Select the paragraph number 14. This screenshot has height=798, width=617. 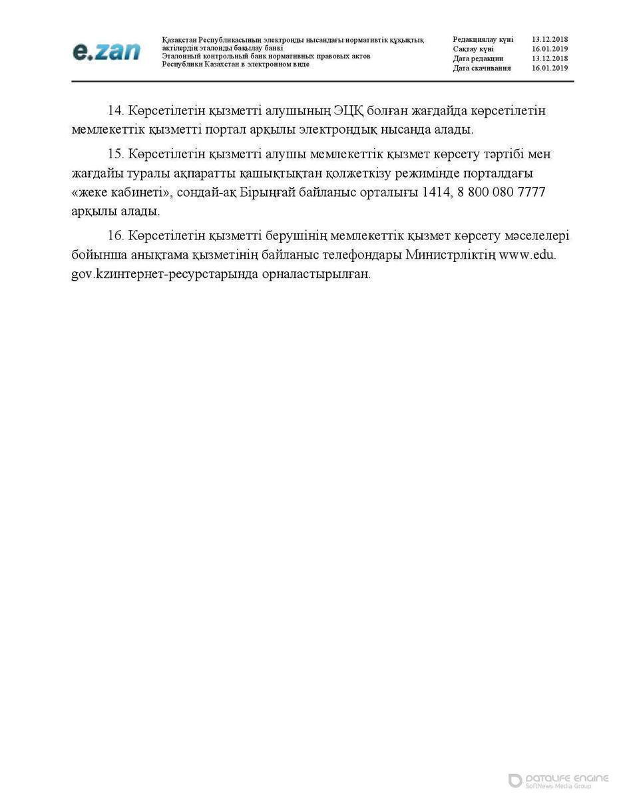[116, 111]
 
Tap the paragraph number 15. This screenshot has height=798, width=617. [116, 155]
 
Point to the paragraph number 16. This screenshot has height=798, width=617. [116, 237]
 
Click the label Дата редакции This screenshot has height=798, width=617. [478, 59]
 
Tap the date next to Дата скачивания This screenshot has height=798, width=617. [549, 68]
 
